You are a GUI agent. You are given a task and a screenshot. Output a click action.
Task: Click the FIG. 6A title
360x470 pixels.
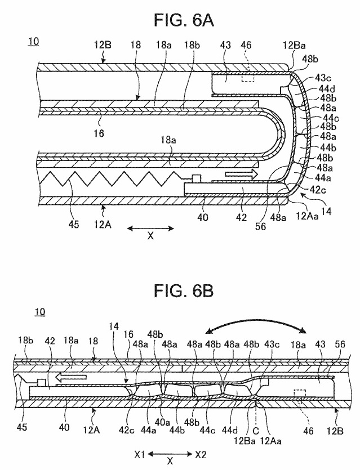(184, 20)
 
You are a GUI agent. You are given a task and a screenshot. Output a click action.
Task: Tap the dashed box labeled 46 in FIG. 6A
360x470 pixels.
(248, 77)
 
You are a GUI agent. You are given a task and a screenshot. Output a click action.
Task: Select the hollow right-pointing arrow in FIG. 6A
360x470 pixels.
(241, 173)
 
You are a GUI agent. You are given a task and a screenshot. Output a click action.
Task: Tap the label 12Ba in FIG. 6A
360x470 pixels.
(294, 46)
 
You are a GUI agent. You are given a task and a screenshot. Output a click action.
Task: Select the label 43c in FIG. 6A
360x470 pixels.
(322, 78)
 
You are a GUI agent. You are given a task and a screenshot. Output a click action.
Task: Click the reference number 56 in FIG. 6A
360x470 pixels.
(260, 226)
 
